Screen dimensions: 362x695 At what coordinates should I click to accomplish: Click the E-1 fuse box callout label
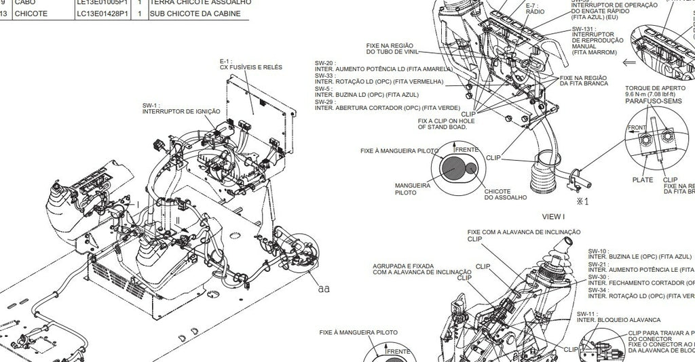[250, 64]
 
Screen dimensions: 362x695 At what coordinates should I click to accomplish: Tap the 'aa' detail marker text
[324, 288]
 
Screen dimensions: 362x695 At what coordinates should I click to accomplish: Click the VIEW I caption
[553, 216]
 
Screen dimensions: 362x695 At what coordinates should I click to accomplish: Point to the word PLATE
[643, 180]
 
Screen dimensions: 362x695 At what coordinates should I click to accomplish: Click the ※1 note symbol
[582, 201]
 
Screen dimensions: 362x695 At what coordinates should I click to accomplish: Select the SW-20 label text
[324, 63]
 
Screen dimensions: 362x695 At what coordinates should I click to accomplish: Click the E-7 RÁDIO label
[536, 8]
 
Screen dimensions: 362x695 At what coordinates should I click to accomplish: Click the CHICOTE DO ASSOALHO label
[506, 194]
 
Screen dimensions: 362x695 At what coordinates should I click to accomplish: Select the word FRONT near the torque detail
[637, 127]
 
